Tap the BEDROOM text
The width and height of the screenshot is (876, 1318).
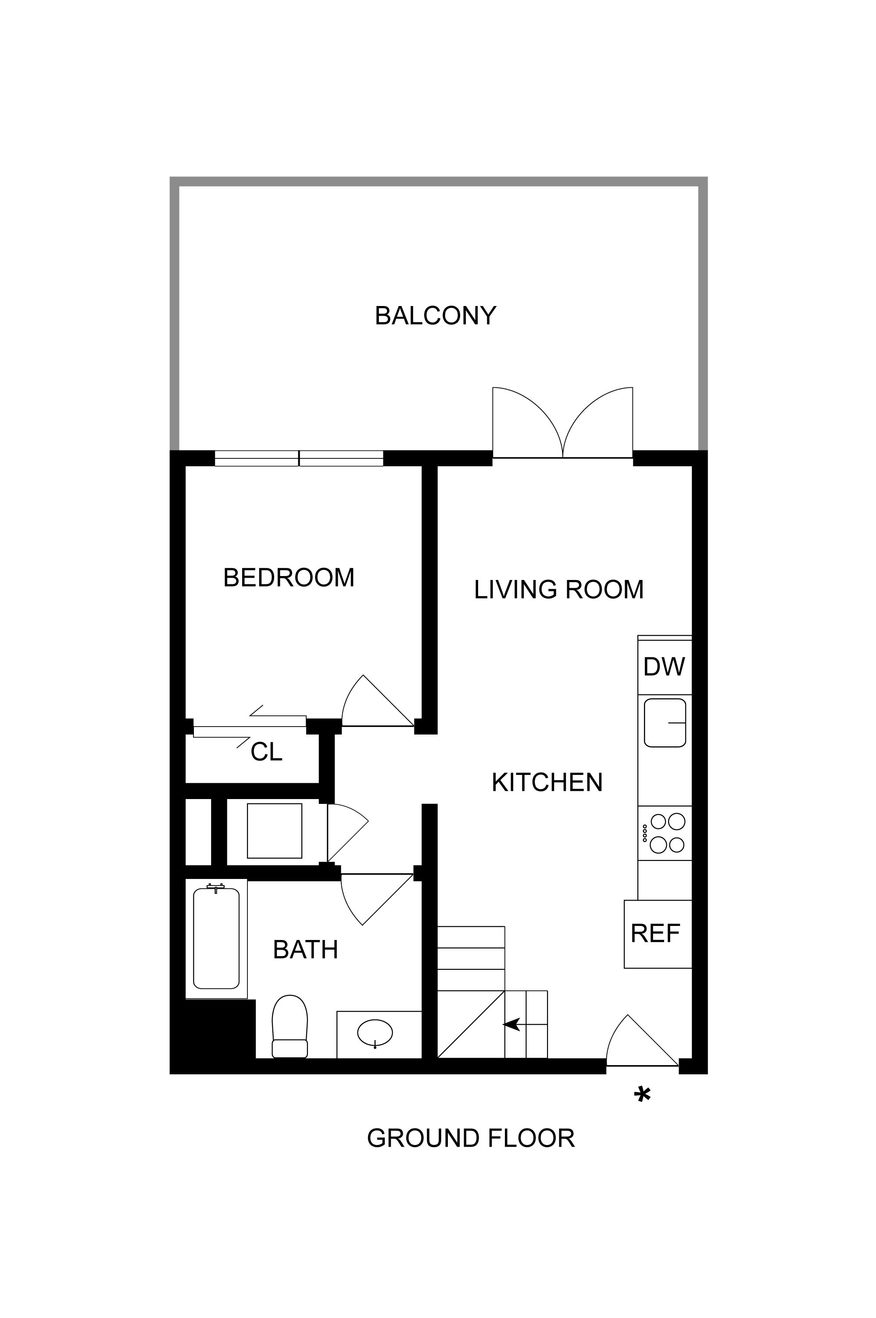(288, 578)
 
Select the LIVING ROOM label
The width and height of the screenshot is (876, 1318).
(559, 589)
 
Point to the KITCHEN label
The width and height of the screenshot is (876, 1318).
(547, 782)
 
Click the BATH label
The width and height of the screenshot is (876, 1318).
(306, 950)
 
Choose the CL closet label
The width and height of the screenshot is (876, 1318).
(267, 752)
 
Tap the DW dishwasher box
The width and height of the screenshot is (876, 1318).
(664, 666)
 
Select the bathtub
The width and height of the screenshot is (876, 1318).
(216, 938)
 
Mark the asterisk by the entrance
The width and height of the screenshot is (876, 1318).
(643, 1094)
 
